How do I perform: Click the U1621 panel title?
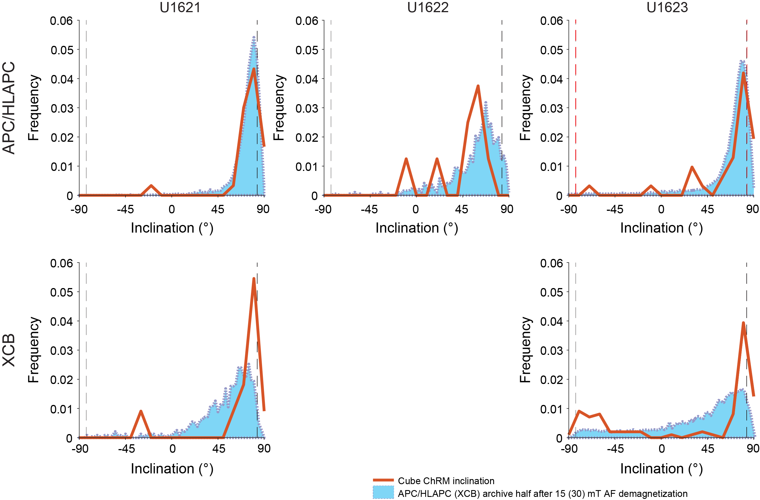[180, 8]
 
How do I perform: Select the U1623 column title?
[667, 8]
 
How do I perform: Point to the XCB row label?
[9, 350]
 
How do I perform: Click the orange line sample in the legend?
[383, 480]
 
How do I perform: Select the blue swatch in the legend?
[383, 492]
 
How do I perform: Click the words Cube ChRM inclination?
[446, 481]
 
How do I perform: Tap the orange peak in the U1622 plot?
[478, 86]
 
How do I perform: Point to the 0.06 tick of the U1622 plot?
[306, 21]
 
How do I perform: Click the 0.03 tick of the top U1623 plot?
[552, 108]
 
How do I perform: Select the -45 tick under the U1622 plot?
[369, 209]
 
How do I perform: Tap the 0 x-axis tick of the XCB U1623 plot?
[661, 449]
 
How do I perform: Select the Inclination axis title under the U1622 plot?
[417, 228]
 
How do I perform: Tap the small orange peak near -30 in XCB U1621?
[141, 411]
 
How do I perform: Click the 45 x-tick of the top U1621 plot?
[218, 209]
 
